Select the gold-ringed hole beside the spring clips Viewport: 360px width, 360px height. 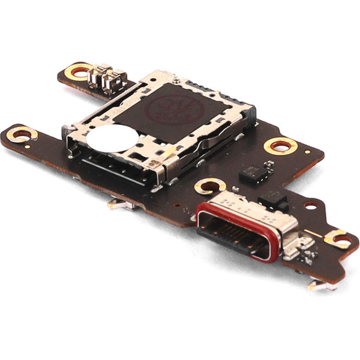pyautogui.click(x=79, y=71)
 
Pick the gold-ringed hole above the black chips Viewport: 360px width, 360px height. pyautogui.click(x=280, y=145)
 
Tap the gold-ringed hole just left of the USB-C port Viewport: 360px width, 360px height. pyautogui.click(x=211, y=186)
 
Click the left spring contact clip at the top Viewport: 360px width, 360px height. pyautogui.click(x=96, y=76)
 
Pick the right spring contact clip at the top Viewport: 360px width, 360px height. pyautogui.click(x=112, y=82)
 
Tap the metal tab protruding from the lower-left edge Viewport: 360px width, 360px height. pyautogui.click(x=122, y=204)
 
